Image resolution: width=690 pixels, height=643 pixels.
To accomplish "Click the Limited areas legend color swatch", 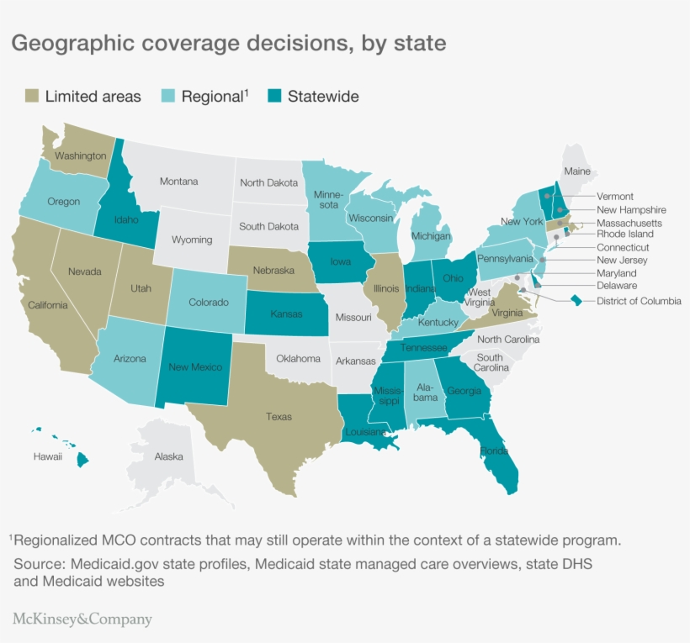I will [31, 97].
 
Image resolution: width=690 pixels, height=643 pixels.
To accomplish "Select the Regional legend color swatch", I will [168, 97].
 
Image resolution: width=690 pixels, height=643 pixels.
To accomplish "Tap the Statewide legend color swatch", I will [274, 97].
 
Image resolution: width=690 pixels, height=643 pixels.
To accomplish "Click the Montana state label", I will [178, 182].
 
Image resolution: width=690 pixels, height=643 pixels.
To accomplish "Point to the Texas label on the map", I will [279, 416].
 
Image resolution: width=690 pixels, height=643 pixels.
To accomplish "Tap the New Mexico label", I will [195, 366].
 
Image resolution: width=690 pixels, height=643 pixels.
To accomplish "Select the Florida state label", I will [494, 451].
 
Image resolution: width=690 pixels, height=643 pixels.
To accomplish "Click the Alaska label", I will [168, 457].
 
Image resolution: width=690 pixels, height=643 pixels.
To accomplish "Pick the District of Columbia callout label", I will [639, 300].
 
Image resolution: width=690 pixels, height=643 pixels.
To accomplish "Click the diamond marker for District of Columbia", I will [576, 300].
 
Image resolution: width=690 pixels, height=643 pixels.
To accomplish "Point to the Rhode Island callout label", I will [625, 235].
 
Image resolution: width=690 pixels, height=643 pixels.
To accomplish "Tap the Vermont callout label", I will [614, 197].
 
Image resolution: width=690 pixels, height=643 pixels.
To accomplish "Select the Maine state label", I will [577, 171].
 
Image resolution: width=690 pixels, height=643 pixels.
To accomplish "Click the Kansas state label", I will [286, 314].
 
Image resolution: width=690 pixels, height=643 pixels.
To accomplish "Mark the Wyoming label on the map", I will [192, 240].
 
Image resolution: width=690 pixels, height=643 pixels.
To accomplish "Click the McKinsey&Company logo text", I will [82, 620].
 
